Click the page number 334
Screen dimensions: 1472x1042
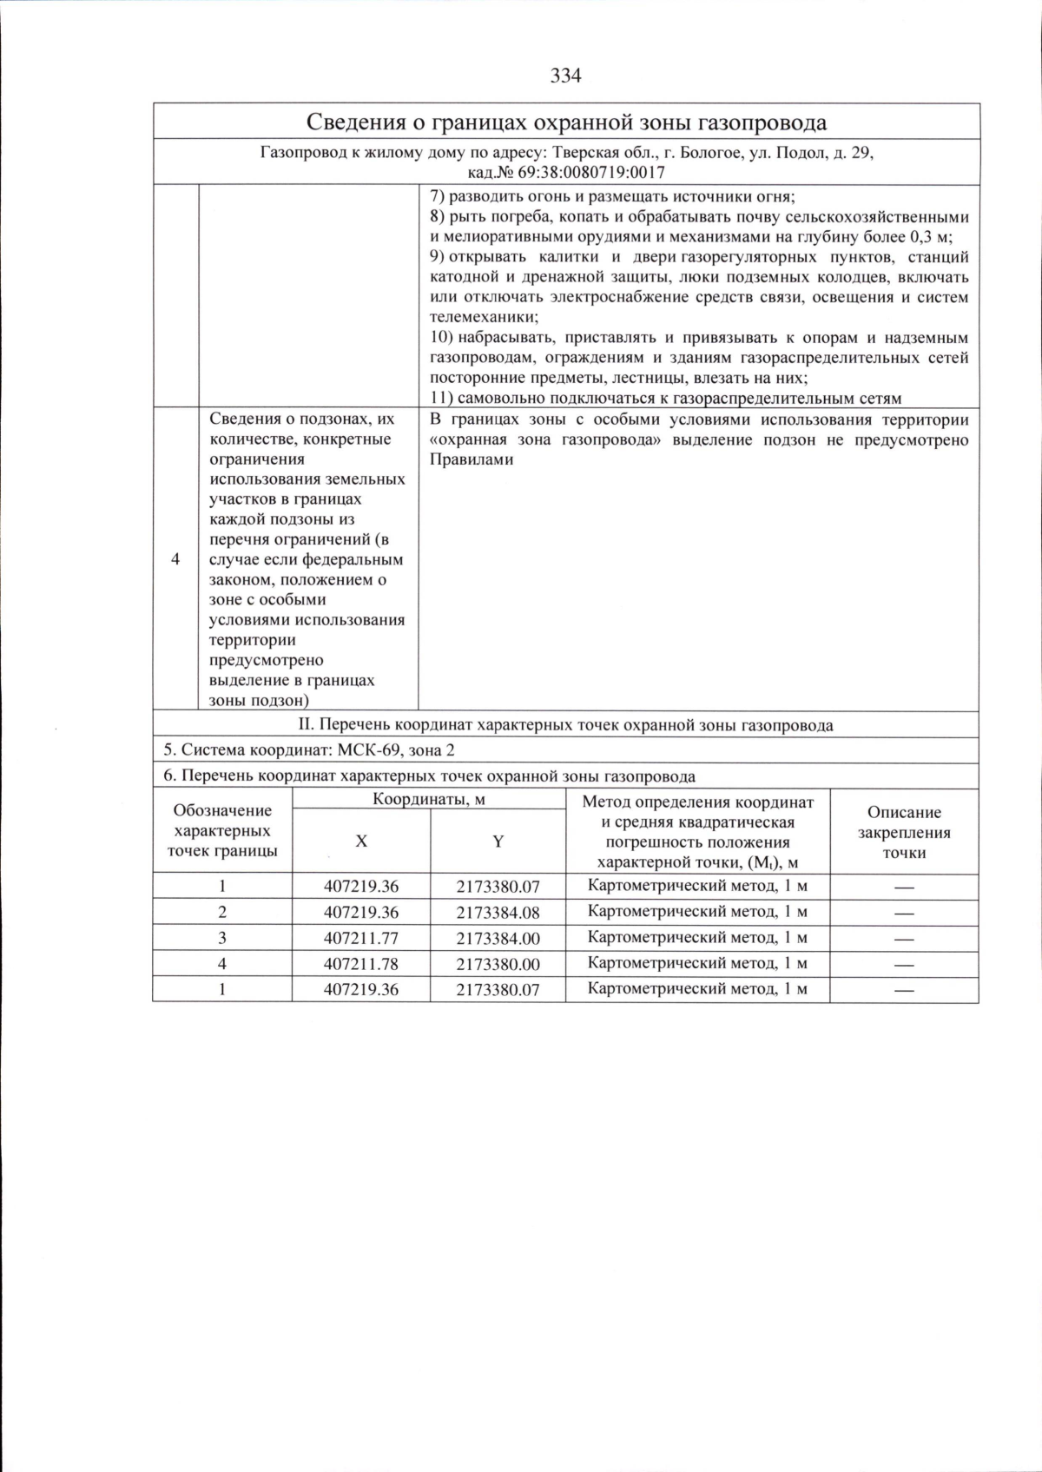tap(565, 76)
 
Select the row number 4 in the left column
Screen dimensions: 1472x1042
tap(176, 559)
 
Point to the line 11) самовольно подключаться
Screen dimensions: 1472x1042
tap(666, 398)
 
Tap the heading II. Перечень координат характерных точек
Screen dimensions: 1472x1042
tap(565, 725)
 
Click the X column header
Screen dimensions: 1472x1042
tap(361, 841)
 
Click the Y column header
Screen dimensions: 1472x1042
tap(498, 841)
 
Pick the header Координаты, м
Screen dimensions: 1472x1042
tap(429, 799)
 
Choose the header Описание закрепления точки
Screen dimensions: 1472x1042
tap(904, 832)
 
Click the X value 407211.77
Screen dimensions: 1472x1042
tap(361, 938)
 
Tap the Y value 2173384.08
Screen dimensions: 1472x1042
tap(498, 913)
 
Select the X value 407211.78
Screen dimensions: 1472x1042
tap(361, 963)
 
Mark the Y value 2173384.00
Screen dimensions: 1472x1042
tap(498, 938)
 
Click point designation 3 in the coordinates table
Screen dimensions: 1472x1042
tap(222, 938)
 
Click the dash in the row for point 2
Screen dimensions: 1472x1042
tap(904, 913)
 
